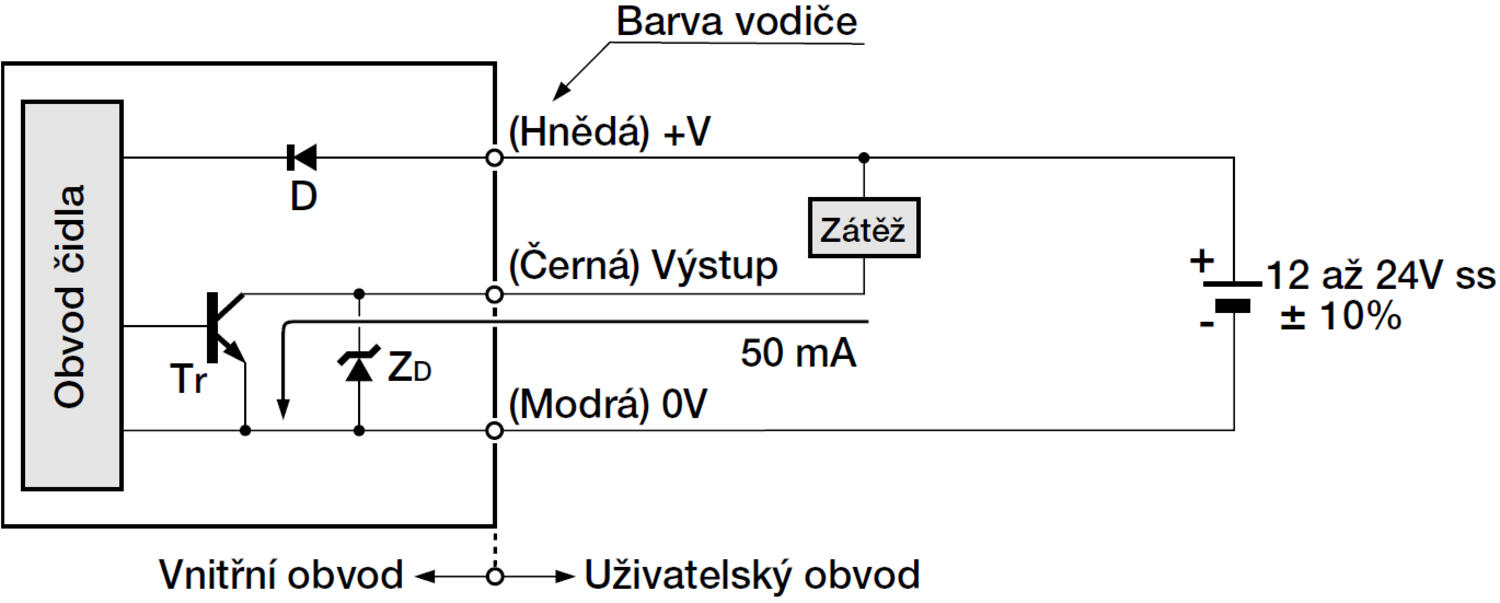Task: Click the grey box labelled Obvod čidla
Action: point(72,295)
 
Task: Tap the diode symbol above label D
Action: point(301,157)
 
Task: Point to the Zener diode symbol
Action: point(358,367)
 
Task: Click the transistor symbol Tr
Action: point(223,330)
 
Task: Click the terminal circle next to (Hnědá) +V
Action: point(493,157)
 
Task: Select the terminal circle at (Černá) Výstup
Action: point(493,295)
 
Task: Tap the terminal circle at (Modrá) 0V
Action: point(493,430)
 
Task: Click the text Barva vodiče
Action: point(737,22)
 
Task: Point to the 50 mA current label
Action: point(798,353)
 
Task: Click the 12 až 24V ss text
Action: point(1380,274)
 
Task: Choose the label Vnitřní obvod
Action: point(281,576)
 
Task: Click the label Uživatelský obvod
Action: point(750,576)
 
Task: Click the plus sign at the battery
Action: point(1201,262)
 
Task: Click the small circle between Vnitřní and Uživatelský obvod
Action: point(493,576)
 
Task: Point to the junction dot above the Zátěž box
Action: point(863,157)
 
